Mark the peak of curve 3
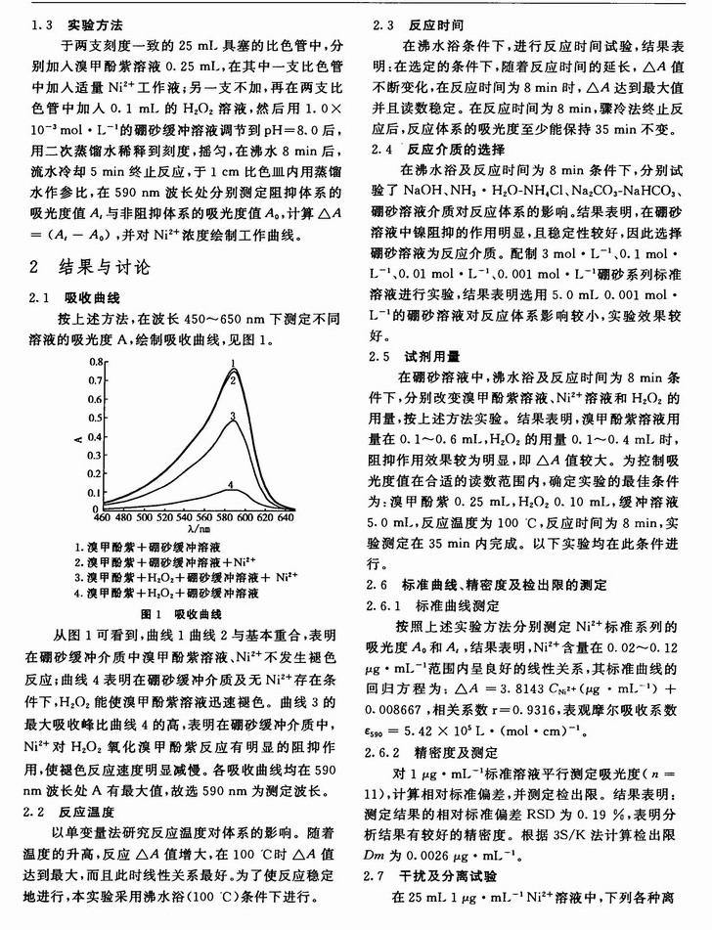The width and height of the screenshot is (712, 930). [232, 417]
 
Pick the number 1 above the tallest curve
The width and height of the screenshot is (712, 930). [235, 363]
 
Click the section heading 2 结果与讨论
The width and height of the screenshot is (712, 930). [93, 267]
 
